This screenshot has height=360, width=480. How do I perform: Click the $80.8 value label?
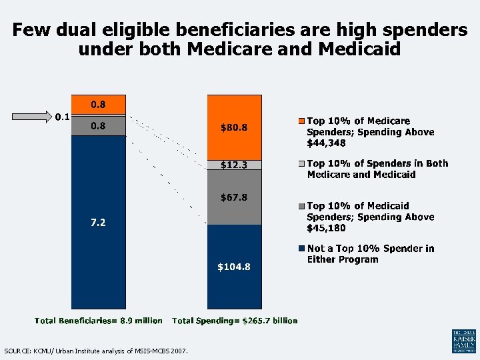tap(234, 128)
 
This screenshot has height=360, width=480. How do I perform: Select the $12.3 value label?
tap(234, 165)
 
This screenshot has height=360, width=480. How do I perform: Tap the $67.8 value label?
tap(234, 197)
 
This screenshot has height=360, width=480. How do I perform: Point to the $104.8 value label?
tap(234, 267)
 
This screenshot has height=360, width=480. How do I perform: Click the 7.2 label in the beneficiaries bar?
tap(98, 223)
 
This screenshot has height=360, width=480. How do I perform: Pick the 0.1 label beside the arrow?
tap(62, 117)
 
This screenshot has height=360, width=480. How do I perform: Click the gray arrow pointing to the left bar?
tap(32, 117)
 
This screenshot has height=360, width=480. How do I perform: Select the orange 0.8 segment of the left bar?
tap(98, 104)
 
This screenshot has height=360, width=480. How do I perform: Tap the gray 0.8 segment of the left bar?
tap(98, 125)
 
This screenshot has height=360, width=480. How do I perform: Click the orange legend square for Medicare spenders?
tap(302, 121)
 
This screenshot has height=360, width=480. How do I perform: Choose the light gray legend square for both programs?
tap(302, 164)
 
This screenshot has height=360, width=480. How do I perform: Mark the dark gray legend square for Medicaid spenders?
tap(302, 207)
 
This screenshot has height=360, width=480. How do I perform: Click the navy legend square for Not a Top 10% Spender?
tap(302, 249)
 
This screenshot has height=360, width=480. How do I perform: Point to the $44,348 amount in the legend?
tap(327, 143)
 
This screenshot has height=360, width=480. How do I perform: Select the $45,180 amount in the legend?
tap(327, 228)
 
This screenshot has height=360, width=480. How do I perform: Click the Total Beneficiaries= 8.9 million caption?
tap(98, 321)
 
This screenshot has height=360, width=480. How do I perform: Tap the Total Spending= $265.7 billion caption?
tap(235, 321)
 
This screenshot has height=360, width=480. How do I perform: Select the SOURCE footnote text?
tap(96, 351)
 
